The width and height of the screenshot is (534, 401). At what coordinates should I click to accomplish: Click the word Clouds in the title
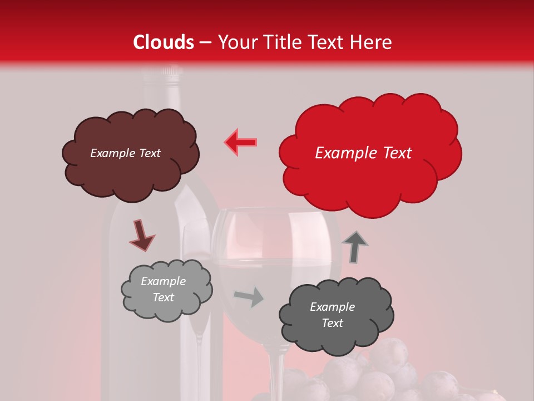point(164,42)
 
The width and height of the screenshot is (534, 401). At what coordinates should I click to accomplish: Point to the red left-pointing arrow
point(241,142)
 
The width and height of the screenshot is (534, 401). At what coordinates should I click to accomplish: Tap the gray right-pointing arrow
point(249,297)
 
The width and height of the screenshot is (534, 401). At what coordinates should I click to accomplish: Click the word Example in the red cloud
point(340,153)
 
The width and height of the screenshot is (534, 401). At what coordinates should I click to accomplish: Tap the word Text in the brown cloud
point(149,153)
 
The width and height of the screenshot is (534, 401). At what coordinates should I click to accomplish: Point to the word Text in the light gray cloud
point(164,297)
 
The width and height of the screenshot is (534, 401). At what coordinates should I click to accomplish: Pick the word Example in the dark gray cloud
point(332,307)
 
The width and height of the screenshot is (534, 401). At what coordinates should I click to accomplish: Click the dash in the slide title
point(205,42)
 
